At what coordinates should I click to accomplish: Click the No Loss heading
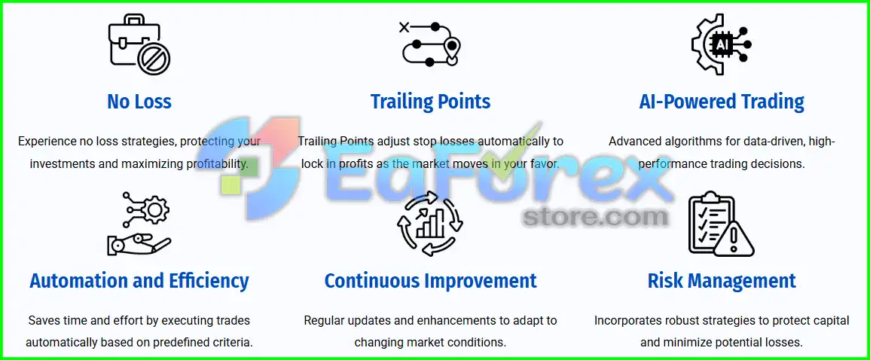139,102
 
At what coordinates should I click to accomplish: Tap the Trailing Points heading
431,102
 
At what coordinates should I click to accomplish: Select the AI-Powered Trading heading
722,102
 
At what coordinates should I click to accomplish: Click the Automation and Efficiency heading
139,281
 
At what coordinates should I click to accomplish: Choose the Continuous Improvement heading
431,281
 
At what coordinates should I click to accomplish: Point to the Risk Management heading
722,281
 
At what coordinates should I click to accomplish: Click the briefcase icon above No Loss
139,44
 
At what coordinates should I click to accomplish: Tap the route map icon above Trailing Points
431,44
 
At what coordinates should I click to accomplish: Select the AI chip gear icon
722,44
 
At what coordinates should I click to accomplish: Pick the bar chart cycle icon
431,224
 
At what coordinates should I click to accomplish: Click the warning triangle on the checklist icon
734,240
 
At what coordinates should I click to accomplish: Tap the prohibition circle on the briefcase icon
154,58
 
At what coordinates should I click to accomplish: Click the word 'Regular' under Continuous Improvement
323,321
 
